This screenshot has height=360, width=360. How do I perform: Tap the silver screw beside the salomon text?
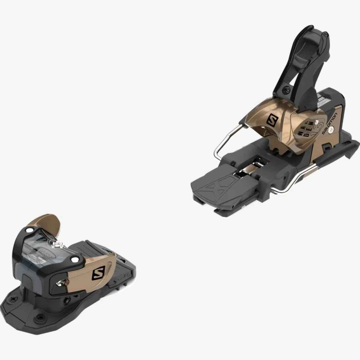pos(331,130)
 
